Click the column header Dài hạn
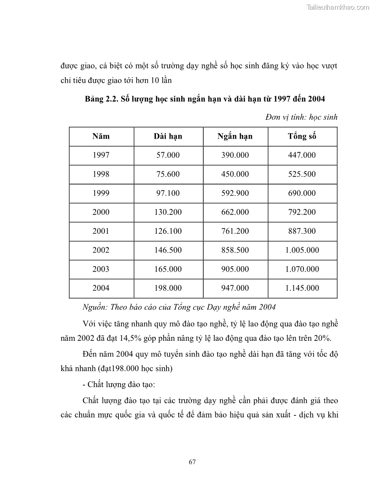[x=168, y=136]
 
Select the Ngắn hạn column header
[x=235, y=136]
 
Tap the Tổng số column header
[x=302, y=136]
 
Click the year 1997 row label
[x=101, y=155]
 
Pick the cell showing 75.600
[x=168, y=174]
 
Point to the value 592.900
[x=235, y=193]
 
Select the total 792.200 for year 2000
[x=302, y=212]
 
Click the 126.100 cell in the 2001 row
[x=169, y=231]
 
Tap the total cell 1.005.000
[x=302, y=250]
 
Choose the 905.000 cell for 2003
[x=235, y=269]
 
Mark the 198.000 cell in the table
[x=169, y=288]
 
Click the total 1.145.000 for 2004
[x=302, y=288]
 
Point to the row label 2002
[x=101, y=250]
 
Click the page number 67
[x=192, y=462]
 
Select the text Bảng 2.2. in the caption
[x=101, y=99]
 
